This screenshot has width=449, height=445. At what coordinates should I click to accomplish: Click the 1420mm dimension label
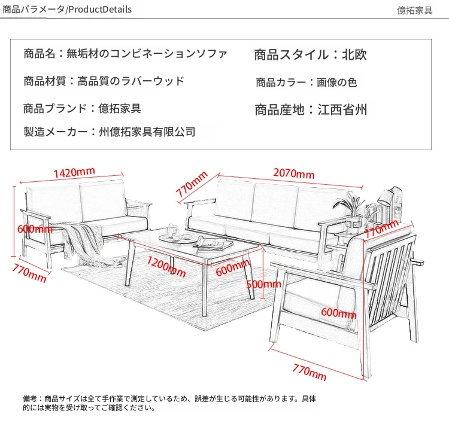click(x=74, y=173)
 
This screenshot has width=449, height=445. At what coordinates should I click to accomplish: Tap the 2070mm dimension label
click(x=294, y=173)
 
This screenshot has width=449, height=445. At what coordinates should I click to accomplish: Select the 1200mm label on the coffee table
click(x=166, y=266)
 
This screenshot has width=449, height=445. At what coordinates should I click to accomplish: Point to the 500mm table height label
click(x=263, y=284)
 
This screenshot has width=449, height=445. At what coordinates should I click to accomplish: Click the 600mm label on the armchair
click(x=339, y=313)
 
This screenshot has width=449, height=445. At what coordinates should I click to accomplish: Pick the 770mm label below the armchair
click(x=310, y=372)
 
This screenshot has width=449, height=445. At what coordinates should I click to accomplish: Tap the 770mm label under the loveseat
click(x=29, y=273)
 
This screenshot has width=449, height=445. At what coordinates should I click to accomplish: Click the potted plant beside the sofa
click(x=351, y=212)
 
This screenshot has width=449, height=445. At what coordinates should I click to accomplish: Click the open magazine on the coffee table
click(x=213, y=244)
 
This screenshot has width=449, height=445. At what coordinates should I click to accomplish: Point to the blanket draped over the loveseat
click(x=86, y=243)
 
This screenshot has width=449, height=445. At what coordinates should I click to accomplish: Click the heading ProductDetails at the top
click(x=100, y=10)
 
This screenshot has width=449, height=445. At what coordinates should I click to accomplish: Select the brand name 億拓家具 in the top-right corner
click(x=415, y=11)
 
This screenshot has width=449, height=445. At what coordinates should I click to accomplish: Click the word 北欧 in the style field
click(x=354, y=54)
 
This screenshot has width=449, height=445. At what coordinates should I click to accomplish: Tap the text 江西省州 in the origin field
click(x=342, y=110)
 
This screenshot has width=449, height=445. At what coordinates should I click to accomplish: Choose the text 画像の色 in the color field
click(x=336, y=83)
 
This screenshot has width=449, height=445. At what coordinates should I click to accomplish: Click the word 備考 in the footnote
click(x=30, y=398)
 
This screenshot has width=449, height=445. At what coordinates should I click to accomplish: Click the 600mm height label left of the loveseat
click(x=35, y=229)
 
